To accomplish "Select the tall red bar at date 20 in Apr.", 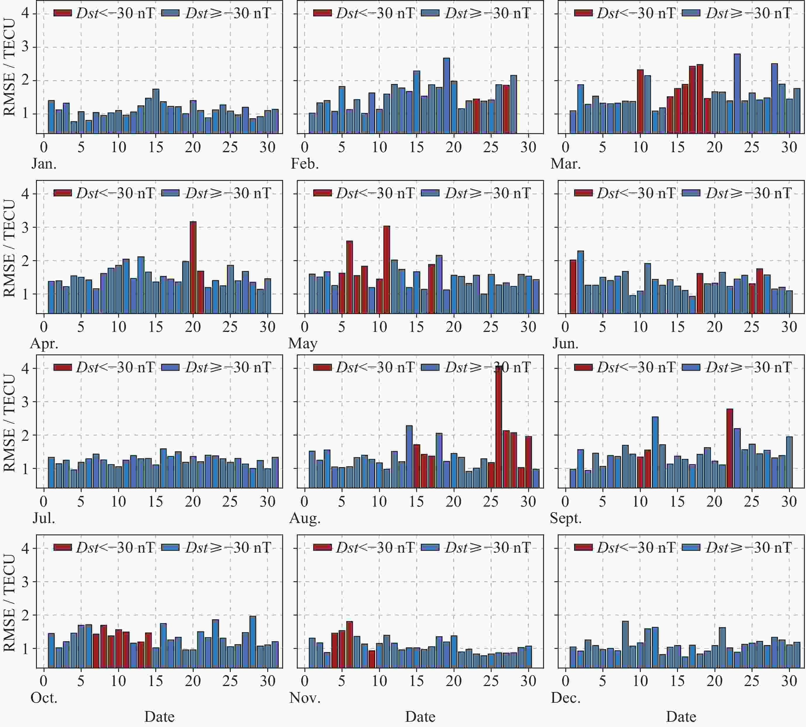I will (x=193, y=267).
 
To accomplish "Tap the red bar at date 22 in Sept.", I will (x=730, y=448).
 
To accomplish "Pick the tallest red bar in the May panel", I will (x=386, y=270).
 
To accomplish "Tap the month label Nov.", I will (x=305, y=698).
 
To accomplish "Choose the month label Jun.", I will (x=565, y=344).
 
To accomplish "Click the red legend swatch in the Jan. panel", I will (x=62, y=13).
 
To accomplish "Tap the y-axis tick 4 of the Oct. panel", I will (x=25, y=548).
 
